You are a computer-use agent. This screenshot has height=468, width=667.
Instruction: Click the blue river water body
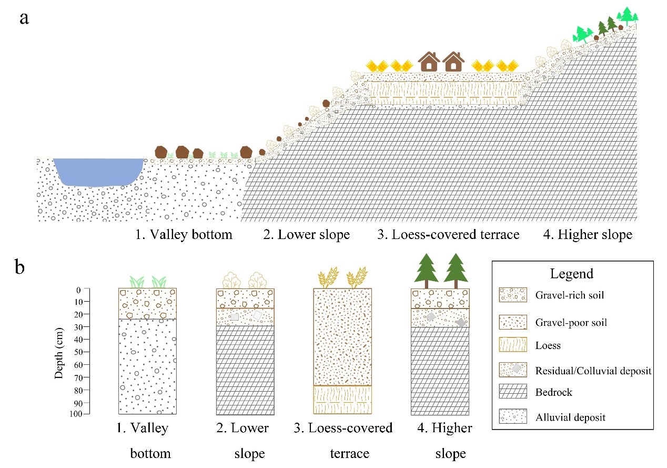tap(98, 172)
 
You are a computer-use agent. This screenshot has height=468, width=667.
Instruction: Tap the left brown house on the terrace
tap(429, 62)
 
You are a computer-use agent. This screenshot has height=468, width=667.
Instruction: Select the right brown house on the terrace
tap(453, 62)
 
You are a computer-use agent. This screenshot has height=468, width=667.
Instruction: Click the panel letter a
tap(24, 18)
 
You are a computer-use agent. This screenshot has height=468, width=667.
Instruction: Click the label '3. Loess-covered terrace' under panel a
tap(448, 235)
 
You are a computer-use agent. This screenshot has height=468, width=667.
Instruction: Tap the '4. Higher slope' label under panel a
tap(588, 235)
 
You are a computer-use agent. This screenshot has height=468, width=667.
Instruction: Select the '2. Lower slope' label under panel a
tap(306, 235)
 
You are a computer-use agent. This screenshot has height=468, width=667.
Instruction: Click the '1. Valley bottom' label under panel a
tap(184, 235)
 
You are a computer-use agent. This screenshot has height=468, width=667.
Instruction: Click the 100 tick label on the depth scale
tap(76, 414)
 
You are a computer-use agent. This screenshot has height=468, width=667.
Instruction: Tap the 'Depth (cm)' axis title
tap(59, 353)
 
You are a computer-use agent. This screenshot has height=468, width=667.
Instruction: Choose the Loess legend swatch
tap(513, 345)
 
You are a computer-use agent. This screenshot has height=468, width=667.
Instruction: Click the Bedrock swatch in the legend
tap(513, 391)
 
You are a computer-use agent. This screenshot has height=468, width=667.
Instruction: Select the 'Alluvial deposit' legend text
tap(570, 417)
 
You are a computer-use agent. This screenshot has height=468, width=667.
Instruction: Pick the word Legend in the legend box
tap(571, 274)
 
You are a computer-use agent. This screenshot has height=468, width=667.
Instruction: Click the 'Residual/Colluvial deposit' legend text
tap(593, 371)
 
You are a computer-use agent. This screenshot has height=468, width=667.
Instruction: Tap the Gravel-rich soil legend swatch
tap(513, 295)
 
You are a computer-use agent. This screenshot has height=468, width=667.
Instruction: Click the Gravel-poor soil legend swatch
tap(513, 322)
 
